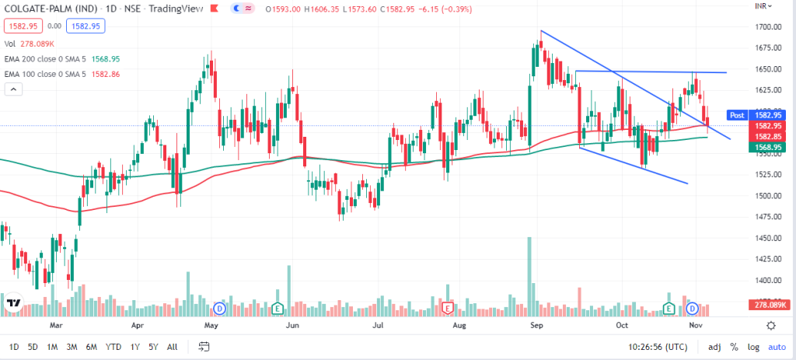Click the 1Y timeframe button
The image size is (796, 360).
pyautogui.click(x=134, y=346)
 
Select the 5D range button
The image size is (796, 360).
pyautogui.click(x=33, y=346)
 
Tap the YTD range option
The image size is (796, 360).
pyautogui.click(x=113, y=346)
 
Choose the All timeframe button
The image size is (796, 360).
pyautogui.click(x=172, y=346)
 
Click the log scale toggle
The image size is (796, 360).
pyautogui.click(x=753, y=346)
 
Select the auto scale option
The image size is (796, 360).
pyautogui.click(x=777, y=346)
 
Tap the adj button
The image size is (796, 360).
pyautogui.click(x=714, y=346)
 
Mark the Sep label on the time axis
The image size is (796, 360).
pyautogui.click(x=536, y=325)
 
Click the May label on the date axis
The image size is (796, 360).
pyautogui.click(x=210, y=325)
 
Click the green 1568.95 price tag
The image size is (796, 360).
pyautogui.click(x=765, y=146)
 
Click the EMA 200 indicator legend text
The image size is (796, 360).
pyautogui.click(x=54, y=59)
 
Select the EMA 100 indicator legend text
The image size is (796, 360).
pyautogui.click(x=54, y=73)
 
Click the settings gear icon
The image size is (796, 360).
pyautogui.click(x=770, y=325)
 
